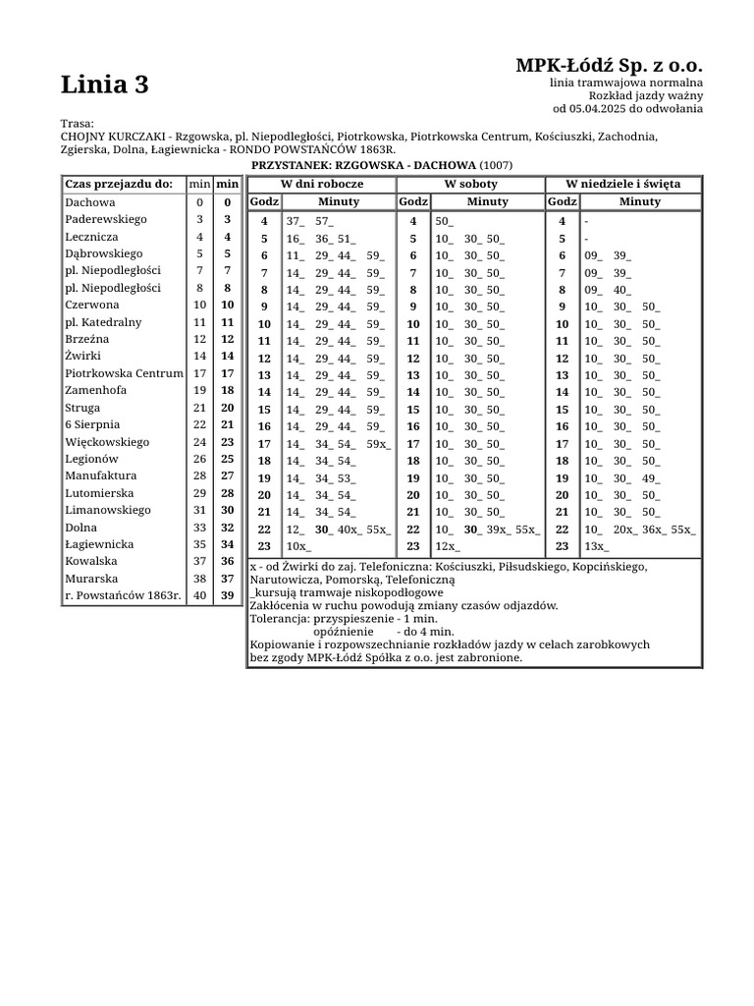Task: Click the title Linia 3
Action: pos(105,85)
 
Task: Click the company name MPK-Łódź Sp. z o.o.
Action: pos(609,65)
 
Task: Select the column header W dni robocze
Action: pos(322,184)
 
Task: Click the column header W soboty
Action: pos(471,184)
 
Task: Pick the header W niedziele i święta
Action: pos(622,184)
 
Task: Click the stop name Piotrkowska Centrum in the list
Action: pos(124,373)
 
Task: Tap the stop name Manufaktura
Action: pos(99,475)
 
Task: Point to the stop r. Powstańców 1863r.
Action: pos(123,595)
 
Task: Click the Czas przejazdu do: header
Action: pos(119,184)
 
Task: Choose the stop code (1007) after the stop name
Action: pos(496,165)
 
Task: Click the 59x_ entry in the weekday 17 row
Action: pos(378,443)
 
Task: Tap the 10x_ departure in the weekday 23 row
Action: pos(297,545)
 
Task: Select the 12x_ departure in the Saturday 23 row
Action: pos(447,545)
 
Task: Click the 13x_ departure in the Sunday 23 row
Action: pos(596,545)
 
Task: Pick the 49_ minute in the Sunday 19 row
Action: pos(651,477)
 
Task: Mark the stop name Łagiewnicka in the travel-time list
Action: pos(97,544)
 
